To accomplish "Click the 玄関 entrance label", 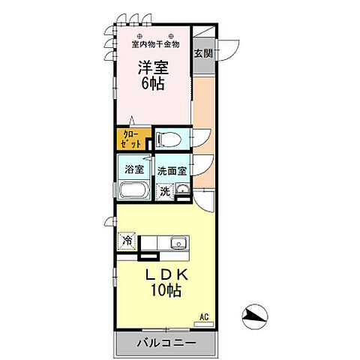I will [x=202, y=52].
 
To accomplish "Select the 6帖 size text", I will [x=152, y=84].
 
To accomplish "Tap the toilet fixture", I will [x=169, y=139].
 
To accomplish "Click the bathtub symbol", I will [x=133, y=189].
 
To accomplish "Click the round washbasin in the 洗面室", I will [x=181, y=190].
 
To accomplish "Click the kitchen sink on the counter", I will [x=178, y=242].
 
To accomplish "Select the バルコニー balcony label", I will [x=166, y=343].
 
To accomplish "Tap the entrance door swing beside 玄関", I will [x=228, y=46].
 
